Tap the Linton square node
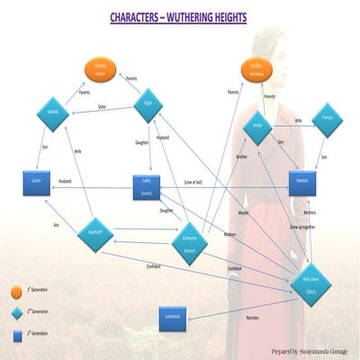tap(36, 182)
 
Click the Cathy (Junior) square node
tap(146, 184)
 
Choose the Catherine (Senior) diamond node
tap(191, 239)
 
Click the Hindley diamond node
tap(257, 127)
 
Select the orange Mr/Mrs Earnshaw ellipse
tap(257, 69)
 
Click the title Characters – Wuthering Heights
tap(179, 17)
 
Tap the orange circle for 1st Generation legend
tap(15, 292)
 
